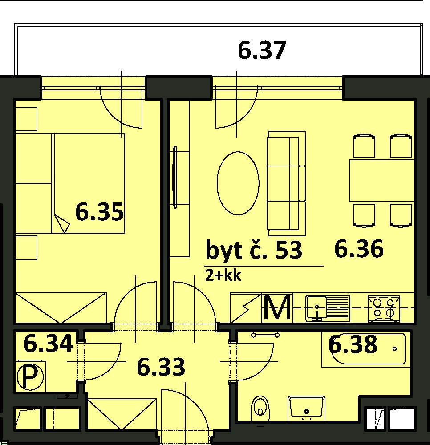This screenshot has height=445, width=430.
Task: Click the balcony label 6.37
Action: click(x=262, y=51)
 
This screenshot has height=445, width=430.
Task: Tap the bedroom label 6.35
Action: click(x=100, y=211)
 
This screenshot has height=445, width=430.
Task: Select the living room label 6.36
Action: click(x=359, y=249)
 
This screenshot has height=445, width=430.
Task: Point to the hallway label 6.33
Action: click(x=161, y=367)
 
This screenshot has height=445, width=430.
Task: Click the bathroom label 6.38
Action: click(x=353, y=344)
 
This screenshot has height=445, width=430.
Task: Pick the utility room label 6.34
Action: click(x=48, y=344)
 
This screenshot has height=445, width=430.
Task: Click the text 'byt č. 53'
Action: click(x=254, y=250)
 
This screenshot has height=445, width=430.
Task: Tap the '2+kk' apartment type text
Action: click(x=223, y=275)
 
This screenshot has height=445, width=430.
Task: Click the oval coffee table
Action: click(x=238, y=183)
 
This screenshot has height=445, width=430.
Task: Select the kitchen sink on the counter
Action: click(x=328, y=308)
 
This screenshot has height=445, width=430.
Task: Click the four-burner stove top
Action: click(x=384, y=309)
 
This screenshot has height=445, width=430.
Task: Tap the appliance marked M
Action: click(x=277, y=307)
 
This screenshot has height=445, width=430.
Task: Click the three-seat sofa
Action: click(x=286, y=183)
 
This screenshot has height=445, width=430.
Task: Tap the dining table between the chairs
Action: click(x=382, y=181)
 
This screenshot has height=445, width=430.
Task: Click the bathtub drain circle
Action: click(x=394, y=349)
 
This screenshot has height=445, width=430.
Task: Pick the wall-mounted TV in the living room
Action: click(x=175, y=178)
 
